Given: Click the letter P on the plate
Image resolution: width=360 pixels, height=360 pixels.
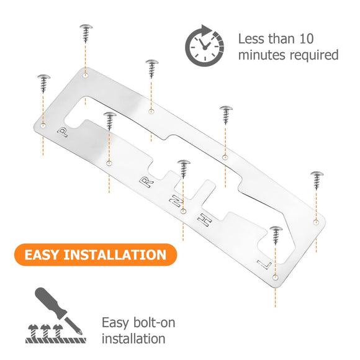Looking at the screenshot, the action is (63, 132).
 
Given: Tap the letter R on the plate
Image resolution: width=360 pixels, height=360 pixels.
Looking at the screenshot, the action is (146, 182).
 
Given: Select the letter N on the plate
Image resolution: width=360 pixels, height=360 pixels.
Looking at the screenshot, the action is (176, 200).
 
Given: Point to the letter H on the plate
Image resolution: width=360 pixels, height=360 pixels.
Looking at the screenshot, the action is (205, 220).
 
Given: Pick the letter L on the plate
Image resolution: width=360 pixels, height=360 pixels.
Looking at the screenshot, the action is (264, 264).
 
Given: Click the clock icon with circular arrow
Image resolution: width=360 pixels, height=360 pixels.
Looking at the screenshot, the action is (205, 45).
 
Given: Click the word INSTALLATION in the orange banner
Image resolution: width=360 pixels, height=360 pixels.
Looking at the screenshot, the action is (115, 255).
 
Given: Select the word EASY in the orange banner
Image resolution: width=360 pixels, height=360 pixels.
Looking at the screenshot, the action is (42, 255).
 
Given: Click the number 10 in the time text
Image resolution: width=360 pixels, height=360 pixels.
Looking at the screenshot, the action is (307, 39).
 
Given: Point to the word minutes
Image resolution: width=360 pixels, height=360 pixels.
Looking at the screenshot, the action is (262, 55).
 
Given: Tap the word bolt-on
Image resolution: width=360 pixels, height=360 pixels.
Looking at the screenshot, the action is (154, 322).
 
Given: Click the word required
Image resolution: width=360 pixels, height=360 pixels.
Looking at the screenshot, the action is (314, 56).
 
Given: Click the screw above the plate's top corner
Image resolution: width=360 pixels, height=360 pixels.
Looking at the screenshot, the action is (86, 34).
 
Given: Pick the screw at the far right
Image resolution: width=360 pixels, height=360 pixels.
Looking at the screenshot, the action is (317, 181).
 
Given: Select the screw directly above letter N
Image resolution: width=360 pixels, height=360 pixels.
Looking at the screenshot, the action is (184, 169).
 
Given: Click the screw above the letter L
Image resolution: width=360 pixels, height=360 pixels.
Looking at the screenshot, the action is (276, 235).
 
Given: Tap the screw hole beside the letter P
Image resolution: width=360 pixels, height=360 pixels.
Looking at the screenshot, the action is (43, 125).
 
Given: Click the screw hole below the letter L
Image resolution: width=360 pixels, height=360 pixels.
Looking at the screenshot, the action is (276, 277).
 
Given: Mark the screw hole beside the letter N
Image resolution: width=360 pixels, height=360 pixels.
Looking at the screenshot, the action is (183, 211).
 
